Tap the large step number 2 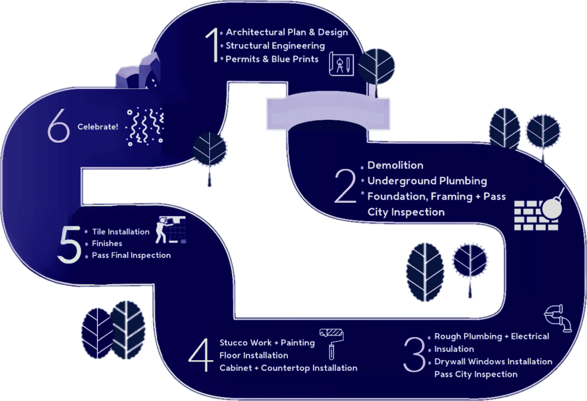tap(345, 186)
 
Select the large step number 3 tap(414, 354)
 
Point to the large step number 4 tap(201, 355)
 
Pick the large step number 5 tap(69, 245)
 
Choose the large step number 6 tap(59, 125)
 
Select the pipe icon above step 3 tap(558, 318)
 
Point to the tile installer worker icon tap(170, 230)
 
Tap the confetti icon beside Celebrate tap(145, 127)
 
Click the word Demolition tap(396, 166)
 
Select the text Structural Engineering tap(275, 46)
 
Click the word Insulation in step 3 tap(454, 349)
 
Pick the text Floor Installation tap(254, 355)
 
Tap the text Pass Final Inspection tap(131, 255)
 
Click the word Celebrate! tap(97, 127)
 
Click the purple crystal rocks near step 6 tap(138, 72)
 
